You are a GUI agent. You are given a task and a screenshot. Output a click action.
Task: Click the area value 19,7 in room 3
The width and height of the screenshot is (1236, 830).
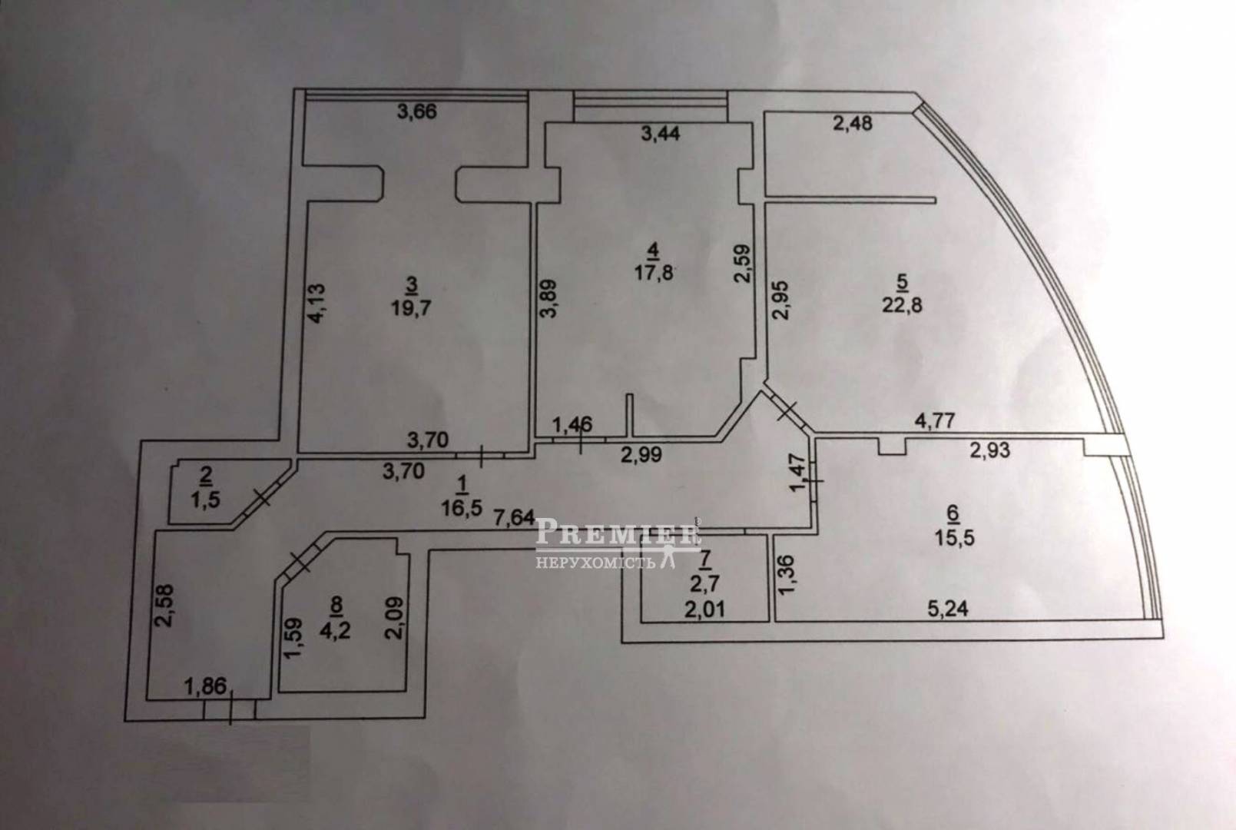[x=411, y=309]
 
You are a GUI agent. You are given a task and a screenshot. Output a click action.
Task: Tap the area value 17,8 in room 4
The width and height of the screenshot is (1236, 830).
[x=654, y=273]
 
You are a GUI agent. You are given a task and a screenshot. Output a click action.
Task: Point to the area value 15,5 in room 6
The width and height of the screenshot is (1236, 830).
[x=956, y=537]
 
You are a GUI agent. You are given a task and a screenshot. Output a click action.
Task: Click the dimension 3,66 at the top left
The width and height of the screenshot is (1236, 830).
[x=416, y=112]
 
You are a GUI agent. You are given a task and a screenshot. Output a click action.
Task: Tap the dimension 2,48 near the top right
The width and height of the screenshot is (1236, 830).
[x=853, y=122]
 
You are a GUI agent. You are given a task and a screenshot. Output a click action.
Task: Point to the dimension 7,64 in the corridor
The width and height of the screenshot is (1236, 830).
[x=512, y=517]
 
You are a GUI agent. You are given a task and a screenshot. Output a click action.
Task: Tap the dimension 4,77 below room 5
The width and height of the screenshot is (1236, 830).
[x=934, y=421]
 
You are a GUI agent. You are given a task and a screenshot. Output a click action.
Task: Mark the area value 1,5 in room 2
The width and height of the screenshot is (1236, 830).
[x=205, y=498]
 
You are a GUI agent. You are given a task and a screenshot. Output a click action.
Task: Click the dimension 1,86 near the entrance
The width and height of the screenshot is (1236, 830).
[x=207, y=686]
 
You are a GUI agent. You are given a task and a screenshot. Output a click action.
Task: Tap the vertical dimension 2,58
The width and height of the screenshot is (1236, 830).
[x=167, y=606]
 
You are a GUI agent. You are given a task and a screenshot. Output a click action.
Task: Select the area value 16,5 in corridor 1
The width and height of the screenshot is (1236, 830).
[x=462, y=506]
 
